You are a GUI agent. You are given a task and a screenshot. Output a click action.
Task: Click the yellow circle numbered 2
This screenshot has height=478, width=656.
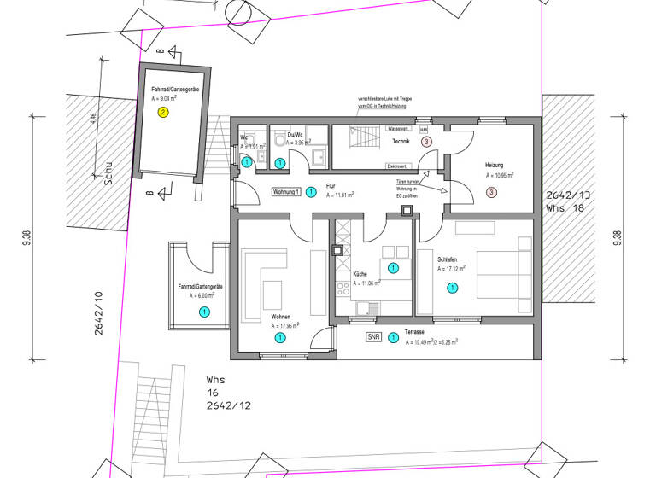(163, 111)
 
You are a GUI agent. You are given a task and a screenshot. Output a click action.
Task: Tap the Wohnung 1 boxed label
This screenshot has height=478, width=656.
(286, 192)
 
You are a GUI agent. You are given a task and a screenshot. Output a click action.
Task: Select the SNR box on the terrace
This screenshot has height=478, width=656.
(373, 337)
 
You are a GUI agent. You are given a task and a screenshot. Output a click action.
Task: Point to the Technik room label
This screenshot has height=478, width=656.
(401, 141)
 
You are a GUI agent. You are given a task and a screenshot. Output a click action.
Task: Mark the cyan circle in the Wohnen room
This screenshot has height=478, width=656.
(279, 338)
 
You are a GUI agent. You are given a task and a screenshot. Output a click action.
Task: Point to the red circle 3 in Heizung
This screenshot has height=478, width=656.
(491, 192)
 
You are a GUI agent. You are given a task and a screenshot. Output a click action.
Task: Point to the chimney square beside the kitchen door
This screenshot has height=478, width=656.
(337, 251)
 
